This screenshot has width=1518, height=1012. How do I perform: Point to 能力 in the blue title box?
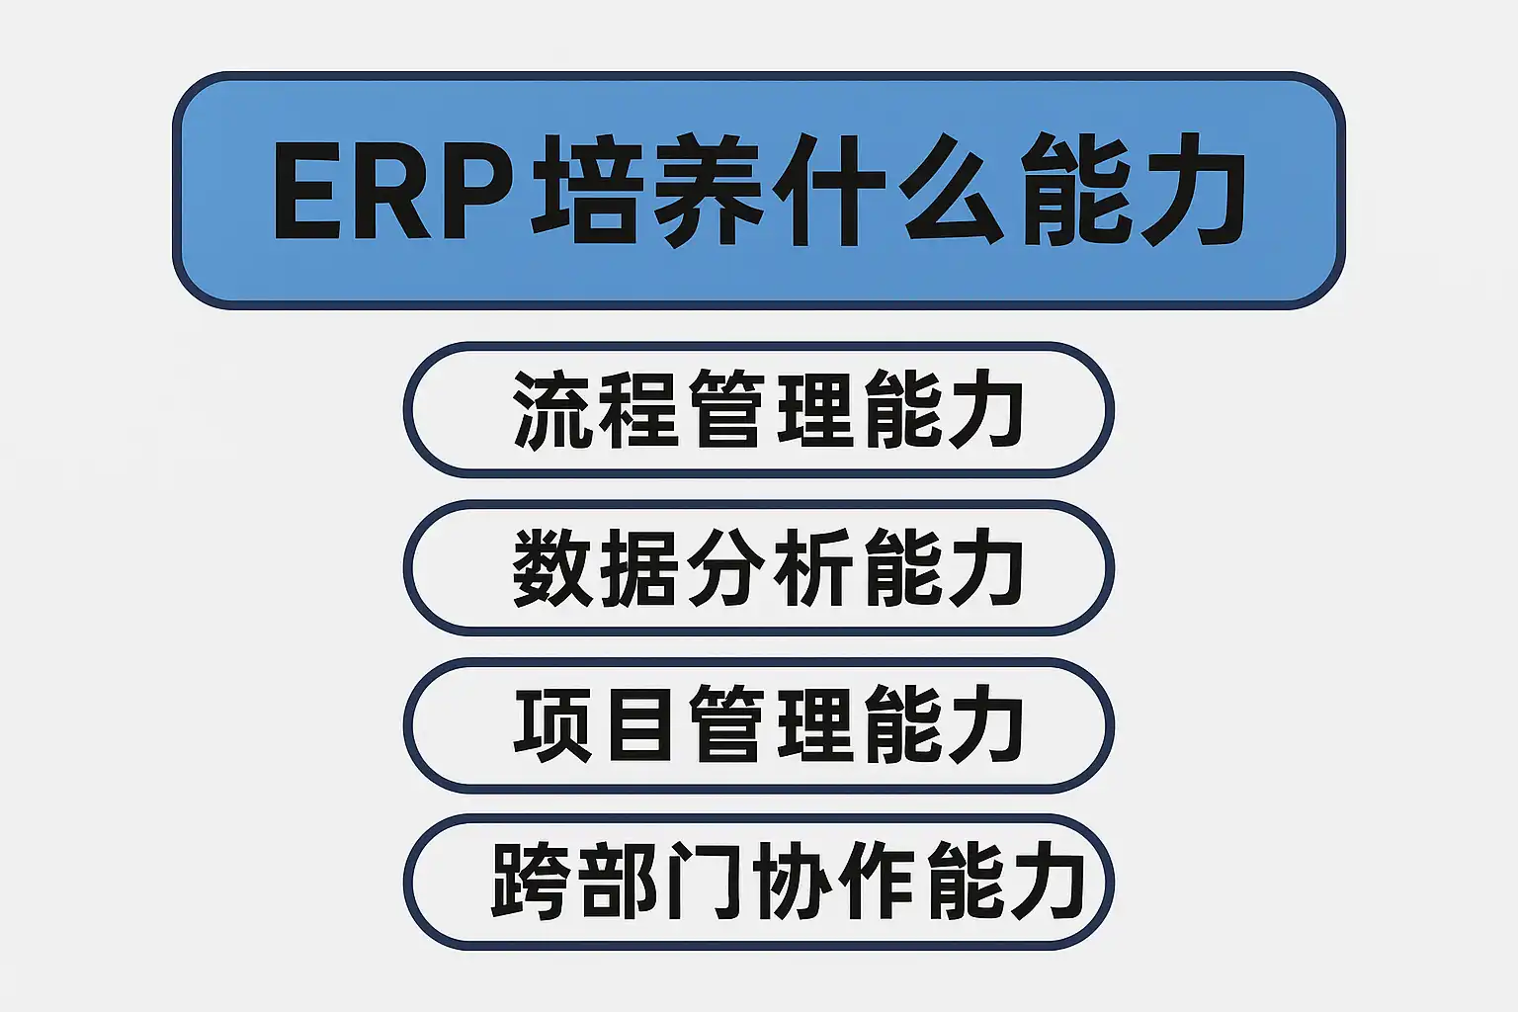coord(1132,191)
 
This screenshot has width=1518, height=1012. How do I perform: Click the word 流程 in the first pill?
coord(596,410)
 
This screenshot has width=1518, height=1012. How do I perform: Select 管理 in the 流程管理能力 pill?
coord(769,410)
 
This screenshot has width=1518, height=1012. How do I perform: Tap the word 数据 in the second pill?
coord(596,567)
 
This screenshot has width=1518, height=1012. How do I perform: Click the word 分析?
coord(769,567)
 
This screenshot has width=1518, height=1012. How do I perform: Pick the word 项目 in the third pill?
coord(596,724)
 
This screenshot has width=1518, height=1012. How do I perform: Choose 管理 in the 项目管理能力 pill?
coord(769,724)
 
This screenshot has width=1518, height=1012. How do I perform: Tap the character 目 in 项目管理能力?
coord(639,724)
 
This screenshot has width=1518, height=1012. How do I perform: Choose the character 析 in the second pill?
coord(812,567)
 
